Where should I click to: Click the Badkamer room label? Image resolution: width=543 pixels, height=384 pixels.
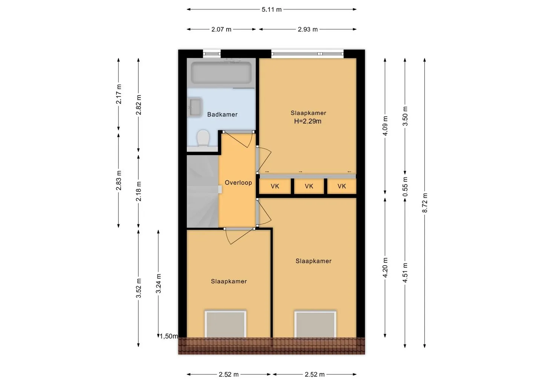222,114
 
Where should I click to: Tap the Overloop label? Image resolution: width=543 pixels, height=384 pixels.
238,183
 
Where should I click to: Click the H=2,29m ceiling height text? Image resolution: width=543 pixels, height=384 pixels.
308,121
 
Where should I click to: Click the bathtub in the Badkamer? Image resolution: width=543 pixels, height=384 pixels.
221,73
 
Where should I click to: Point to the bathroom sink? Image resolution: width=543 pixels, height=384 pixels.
195,107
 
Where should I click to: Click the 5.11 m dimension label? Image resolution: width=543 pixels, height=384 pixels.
271,9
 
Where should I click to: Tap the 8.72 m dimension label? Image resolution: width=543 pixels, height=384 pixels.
425,203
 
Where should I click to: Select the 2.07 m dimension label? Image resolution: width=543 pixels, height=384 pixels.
221,29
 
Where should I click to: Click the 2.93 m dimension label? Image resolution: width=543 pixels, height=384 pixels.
308,29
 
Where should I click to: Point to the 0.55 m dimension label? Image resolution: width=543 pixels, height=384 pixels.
405,186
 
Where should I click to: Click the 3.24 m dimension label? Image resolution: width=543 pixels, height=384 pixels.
158,283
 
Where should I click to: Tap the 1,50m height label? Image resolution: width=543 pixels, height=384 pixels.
169,336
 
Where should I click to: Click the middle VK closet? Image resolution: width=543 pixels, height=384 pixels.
309,186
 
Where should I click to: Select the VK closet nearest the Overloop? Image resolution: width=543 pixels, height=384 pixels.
275,186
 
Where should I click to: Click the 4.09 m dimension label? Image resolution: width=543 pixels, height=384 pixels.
385,126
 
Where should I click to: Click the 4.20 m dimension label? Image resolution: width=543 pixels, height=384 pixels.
385,267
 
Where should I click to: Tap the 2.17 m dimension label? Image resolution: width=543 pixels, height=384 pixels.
118,94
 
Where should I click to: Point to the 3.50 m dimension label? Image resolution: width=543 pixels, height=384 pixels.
405,116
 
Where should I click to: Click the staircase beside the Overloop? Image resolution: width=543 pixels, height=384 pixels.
202,191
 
